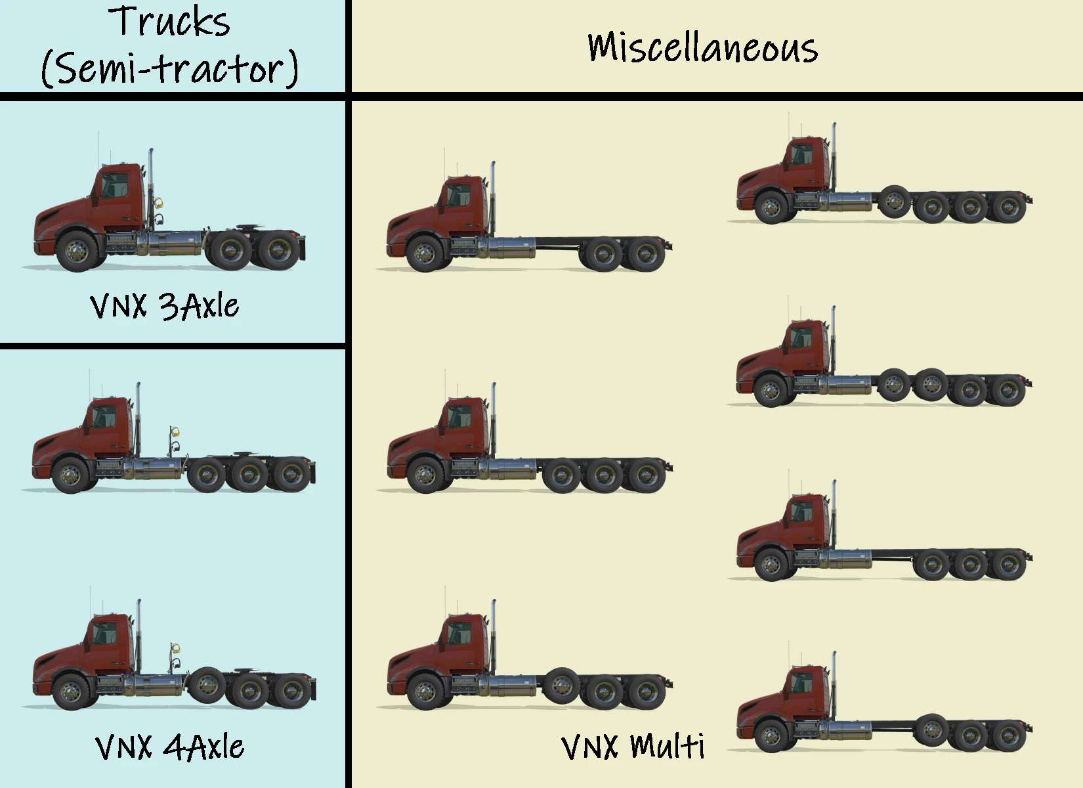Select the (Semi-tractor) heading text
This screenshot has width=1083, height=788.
pos(170,69)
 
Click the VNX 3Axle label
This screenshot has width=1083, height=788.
pos(164,306)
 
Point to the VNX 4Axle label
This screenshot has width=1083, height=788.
pos(169,747)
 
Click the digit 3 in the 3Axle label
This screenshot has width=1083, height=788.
pos(169,307)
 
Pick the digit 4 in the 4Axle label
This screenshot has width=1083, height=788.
pos(173,747)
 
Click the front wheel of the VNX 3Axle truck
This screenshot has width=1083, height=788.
pos(77,250)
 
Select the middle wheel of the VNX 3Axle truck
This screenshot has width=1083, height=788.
pos(230,250)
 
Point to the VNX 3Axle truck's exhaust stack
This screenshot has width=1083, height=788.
pos(150,184)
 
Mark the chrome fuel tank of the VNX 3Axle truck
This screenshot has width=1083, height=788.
pos(173,243)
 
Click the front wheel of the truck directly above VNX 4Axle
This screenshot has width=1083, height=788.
pos(71,474)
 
